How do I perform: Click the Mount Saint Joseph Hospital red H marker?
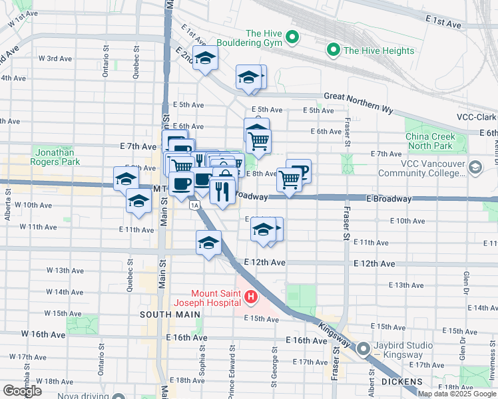(x=250, y=297)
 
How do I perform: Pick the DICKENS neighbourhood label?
(x=402, y=381)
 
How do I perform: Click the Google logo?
(x=22, y=390)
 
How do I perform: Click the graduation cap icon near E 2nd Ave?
(x=206, y=58)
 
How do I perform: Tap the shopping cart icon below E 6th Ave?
(x=258, y=140)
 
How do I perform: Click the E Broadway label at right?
(x=384, y=198)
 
